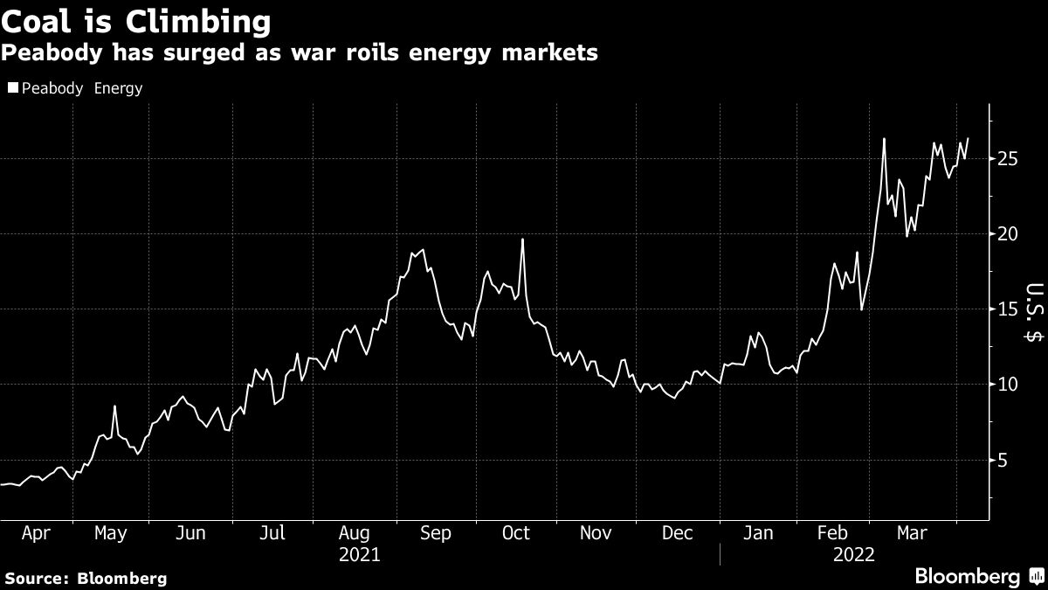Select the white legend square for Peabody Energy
point(12,87)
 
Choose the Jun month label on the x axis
point(190,533)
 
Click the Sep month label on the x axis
point(436,533)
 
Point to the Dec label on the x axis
point(679,533)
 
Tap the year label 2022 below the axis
point(853,554)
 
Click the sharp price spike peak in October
point(522,239)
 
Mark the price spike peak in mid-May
point(114,406)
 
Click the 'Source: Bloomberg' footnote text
point(86,578)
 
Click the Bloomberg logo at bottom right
point(976,576)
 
